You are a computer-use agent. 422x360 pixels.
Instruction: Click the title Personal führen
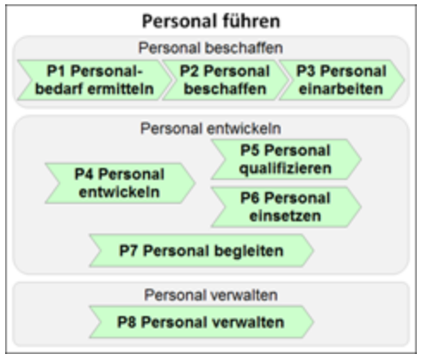pos(211,22)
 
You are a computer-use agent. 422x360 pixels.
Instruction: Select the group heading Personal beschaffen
pos(211,48)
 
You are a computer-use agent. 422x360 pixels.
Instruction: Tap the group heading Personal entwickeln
pos(211,128)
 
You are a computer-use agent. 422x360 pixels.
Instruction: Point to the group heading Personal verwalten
pos(211,295)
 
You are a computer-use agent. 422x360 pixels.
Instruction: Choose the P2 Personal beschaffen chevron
pos(225,80)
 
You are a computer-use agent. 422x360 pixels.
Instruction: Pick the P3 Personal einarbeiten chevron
pos(342,80)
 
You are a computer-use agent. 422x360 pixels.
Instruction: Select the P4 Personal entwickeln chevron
pos(120,183)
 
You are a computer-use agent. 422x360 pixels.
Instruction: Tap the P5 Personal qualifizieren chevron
pos(286,159)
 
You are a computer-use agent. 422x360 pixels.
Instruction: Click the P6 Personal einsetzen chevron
pos(286,207)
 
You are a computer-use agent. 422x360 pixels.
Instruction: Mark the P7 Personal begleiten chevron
pos(202,251)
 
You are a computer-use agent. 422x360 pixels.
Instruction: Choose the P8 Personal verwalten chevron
pos(202,322)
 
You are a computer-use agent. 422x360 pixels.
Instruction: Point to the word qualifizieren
pos(285,169)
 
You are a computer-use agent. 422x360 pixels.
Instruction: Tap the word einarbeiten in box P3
pos(341,89)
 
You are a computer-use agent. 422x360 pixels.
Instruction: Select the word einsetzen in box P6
pos(285,216)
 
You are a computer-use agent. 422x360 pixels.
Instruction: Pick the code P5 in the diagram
pos(250,151)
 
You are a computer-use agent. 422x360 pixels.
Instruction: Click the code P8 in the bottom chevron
pos(127,322)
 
